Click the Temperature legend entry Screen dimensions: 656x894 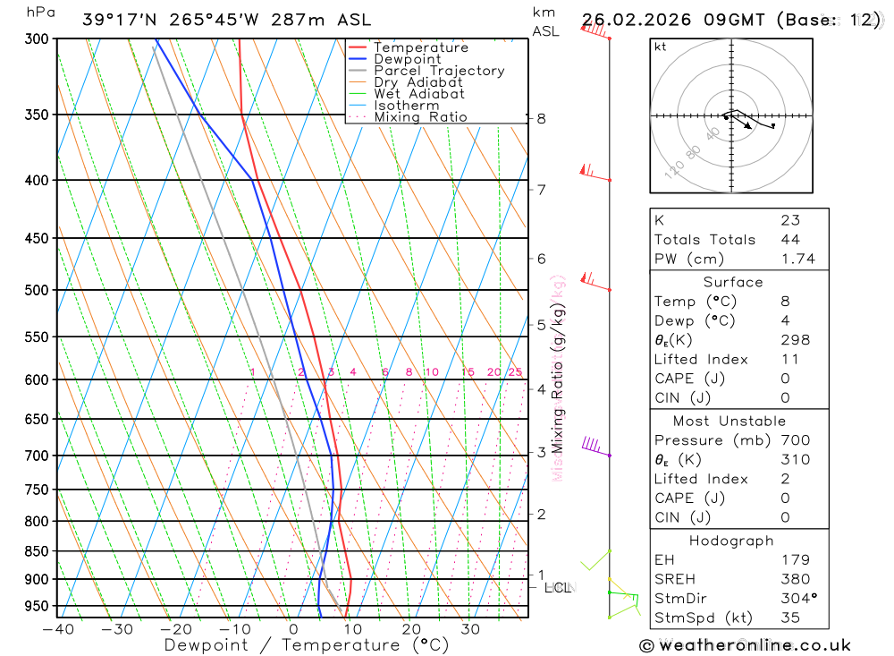click(420, 47)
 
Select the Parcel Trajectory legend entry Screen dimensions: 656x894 click(438, 71)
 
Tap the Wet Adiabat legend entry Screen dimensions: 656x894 click(418, 94)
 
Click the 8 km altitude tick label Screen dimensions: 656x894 click(541, 118)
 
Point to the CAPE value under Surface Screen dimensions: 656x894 click(785, 379)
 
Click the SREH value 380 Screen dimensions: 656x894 click(795, 579)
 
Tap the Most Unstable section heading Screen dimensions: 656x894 click(730, 421)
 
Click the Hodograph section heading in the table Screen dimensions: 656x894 click(731, 541)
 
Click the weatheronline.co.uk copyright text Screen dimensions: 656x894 click(745, 645)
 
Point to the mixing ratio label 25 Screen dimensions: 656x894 click(515, 372)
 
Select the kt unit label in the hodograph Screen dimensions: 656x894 click(660, 47)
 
